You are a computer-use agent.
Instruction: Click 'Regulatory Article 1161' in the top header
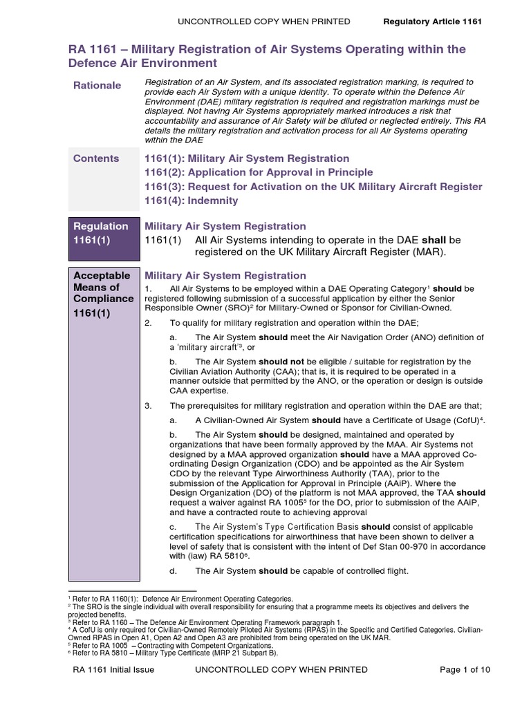[432, 21]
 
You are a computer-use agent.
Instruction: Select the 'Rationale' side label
[97, 85]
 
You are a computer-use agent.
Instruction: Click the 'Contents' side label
[96, 158]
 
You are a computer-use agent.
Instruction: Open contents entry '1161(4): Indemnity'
[191, 201]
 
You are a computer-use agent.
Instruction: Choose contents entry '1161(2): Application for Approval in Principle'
[259, 172]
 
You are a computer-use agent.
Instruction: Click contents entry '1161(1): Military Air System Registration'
[247, 158]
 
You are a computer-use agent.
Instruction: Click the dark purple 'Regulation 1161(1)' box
[102, 233]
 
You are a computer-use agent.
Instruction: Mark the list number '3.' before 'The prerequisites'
[148, 405]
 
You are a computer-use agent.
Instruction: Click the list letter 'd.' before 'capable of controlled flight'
[174, 571]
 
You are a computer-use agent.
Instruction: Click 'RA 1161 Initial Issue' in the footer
[114, 670]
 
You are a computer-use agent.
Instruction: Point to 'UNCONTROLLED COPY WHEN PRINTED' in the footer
[282, 670]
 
